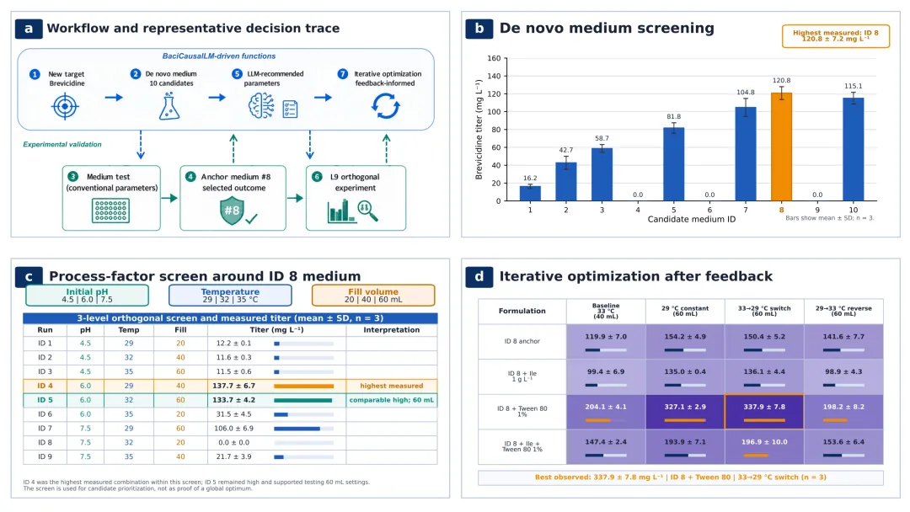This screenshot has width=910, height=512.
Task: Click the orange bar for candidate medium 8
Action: click(x=781, y=147)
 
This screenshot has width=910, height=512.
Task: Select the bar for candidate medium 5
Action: click(x=674, y=164)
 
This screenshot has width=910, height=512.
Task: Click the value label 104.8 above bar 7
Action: click(x=745, y=92)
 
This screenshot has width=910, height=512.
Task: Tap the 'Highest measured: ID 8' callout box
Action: click(x=836, y=36)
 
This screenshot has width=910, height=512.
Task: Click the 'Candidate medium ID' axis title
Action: click(x=691, y=219)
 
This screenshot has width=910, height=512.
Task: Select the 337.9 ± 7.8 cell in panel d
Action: click(x=764, y=412)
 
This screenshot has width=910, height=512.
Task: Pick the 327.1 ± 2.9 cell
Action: click(x=685, y=412)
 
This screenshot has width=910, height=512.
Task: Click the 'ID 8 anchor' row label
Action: click(x=522, y=341)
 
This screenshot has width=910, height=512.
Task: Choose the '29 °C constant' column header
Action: click(x=685, y=308)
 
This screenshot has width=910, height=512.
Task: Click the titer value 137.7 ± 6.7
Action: click(x=233, y=386)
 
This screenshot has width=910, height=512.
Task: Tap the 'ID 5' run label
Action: click(x=45, y=400)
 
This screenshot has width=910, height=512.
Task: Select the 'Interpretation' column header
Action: click(x=391, y=330)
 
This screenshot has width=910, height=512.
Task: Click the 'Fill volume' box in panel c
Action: click(x=373, y=295)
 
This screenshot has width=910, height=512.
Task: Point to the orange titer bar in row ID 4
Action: click(x=303, y=387)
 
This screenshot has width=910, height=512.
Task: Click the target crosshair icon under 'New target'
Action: click(x=65, y=107)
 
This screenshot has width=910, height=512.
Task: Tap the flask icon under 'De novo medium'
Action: click(x=169, y=107)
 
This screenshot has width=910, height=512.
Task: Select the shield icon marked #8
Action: click(x=232, y=211)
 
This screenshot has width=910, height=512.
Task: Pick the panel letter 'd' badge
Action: click(x=479, y=276)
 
